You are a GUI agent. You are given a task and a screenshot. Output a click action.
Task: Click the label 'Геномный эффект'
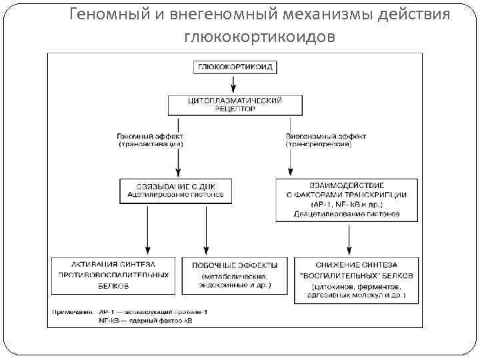coord(151,136)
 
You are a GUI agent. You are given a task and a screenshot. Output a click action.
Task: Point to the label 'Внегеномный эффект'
coord(326,136)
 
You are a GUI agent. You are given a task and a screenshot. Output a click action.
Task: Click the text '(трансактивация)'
coord(151,144)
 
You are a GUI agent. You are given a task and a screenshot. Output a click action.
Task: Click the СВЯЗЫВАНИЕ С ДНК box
coord(176,190)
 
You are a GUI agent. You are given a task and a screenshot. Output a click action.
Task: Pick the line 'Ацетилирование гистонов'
coord(176,195)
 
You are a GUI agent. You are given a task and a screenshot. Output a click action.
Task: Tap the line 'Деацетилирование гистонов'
coord(347,214)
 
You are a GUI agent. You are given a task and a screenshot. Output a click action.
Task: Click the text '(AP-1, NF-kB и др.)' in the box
coord(347,204)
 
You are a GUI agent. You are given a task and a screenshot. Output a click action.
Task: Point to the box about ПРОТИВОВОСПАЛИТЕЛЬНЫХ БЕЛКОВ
coord(113,275)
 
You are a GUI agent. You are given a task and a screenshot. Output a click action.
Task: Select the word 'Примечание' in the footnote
coord(71,311)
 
